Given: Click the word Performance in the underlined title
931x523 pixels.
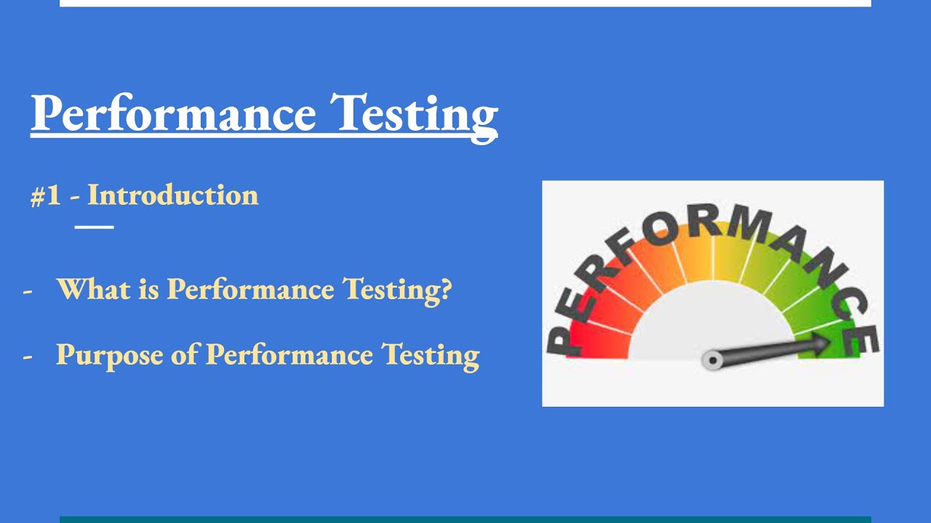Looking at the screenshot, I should [x=173, y=113].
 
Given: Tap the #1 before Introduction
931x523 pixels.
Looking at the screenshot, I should [x=45, y=196].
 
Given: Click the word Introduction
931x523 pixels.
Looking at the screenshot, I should [x=172, y=195].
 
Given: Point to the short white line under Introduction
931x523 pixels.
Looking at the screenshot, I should [x=95, y=227].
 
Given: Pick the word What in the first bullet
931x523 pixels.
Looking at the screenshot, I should [x=87, y=289].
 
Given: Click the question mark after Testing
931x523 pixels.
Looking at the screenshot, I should [x=445, y=289].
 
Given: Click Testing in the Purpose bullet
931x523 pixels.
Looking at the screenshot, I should [x=431, y=355].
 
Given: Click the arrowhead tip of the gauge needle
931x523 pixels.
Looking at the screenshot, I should [x=830, y=343].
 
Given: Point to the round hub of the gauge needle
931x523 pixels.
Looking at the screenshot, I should [x=711, y=359].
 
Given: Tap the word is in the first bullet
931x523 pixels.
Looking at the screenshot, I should [x=142, y=289].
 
